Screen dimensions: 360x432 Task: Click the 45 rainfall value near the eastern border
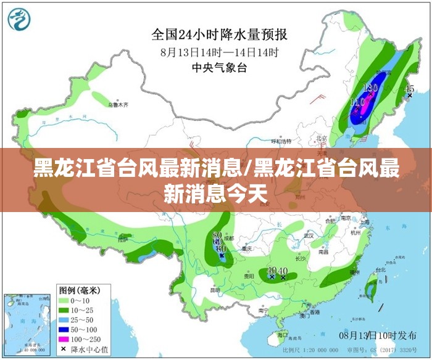point(409,89)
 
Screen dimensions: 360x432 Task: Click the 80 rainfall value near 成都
point(217,235)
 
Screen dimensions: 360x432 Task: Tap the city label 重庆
point(247,249)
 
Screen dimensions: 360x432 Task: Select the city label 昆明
point(215,290)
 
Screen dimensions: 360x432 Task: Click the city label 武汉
point(309,235)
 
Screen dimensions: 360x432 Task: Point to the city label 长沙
point(301,259)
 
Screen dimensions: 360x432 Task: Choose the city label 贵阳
point(248,276)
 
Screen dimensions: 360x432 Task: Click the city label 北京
point(321,138)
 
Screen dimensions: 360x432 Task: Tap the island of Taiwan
point(371,285)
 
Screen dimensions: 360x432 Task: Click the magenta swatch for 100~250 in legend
point(64,338)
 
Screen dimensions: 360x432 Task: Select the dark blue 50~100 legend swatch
point(64,329)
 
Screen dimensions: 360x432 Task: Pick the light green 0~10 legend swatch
point(64,300)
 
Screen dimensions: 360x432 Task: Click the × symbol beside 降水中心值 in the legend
point(64,348)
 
